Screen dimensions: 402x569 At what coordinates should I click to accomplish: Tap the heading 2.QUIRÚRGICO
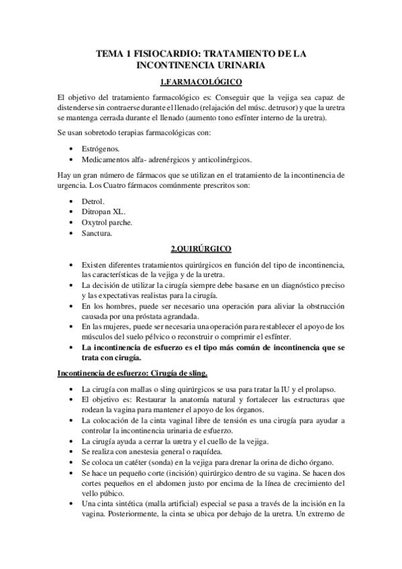201,249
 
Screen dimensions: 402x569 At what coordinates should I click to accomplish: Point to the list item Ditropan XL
103,211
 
